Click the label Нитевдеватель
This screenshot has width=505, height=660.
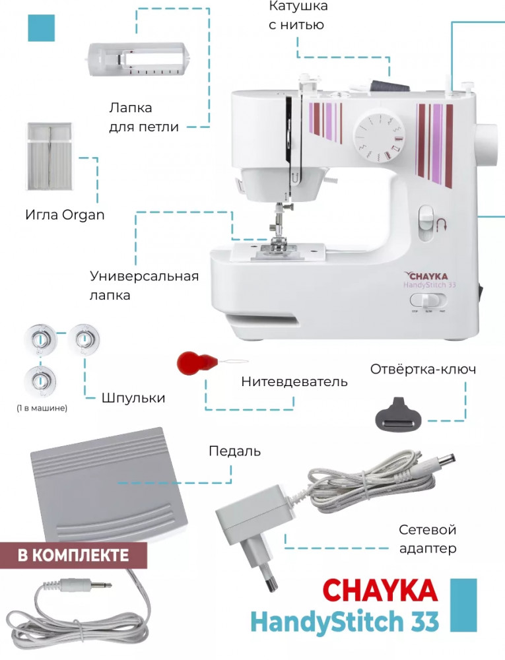pos(294,381)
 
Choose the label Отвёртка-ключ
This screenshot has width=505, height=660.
pos(422,369)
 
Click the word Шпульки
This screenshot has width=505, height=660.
pos(133,398)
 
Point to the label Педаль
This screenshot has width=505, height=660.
pos(234,451)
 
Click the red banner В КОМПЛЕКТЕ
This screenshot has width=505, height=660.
pos(73,555)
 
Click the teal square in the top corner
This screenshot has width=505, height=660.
pos(41,28)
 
